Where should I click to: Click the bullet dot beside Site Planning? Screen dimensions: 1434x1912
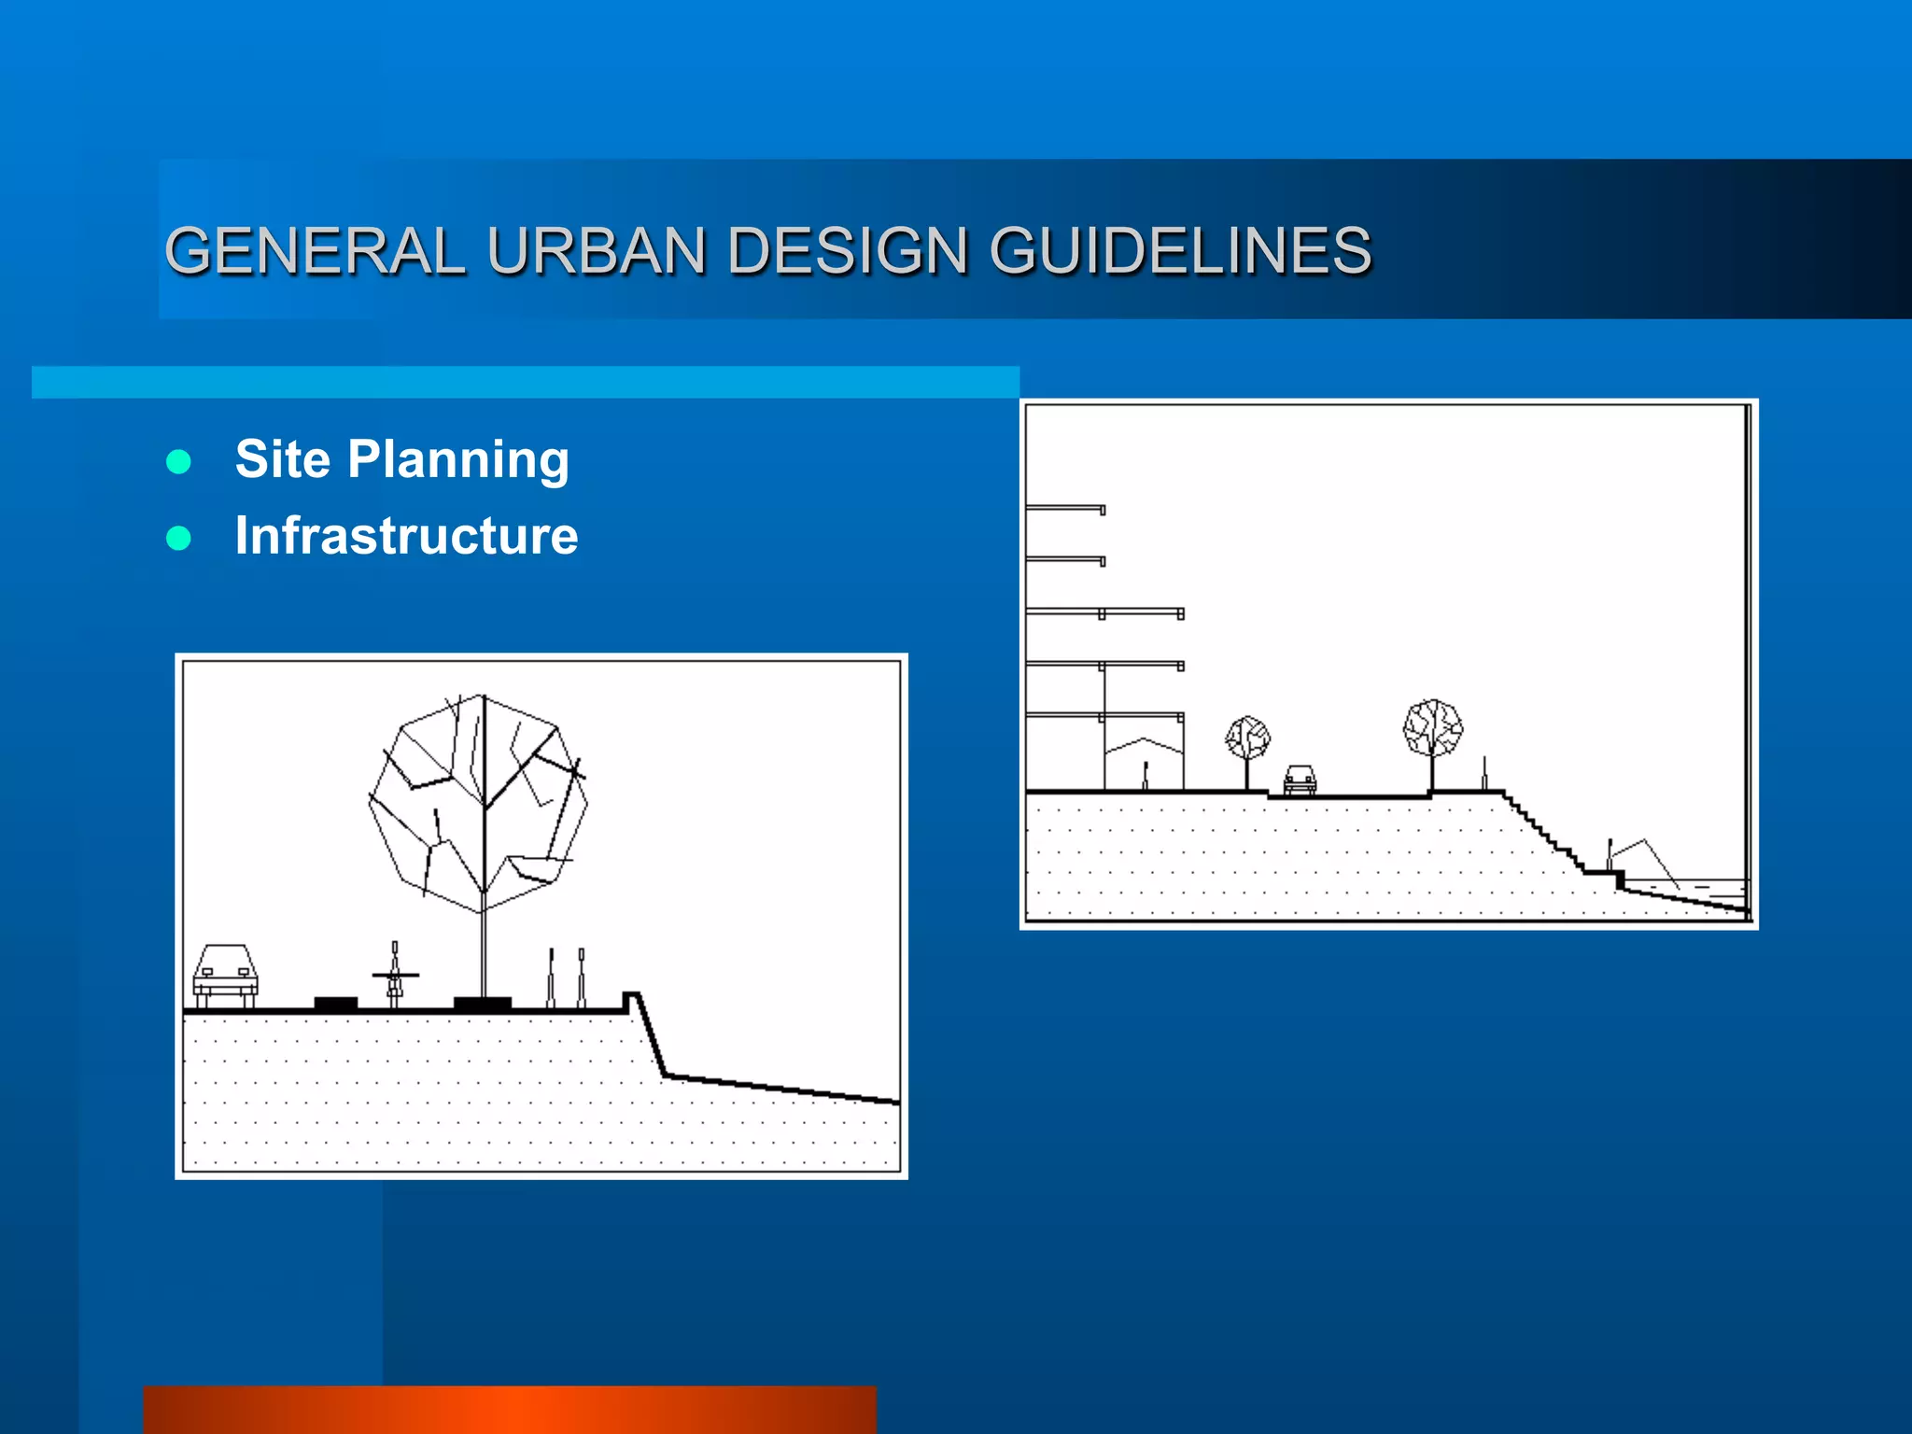click(x=178, y=461)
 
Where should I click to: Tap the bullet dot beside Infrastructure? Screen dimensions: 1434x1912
click(x=178, y=538)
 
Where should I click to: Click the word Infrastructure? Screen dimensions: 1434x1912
click(x=406, y=536)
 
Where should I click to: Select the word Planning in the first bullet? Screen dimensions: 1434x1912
click(x=457, y=459)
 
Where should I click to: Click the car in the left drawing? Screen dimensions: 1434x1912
click(x=225, y=974)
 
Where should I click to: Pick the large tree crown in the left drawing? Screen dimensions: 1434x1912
click(x=478, y=803)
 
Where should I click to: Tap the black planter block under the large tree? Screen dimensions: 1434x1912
click(x=482, y=1004)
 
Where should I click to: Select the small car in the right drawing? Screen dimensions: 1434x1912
click(x=1300, y=779)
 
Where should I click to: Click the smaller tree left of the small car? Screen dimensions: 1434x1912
click(x=1247, y=738)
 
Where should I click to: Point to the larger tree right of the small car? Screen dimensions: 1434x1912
click(x=1433, y=728)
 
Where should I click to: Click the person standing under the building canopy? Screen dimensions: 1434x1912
click(x=1146, y=775)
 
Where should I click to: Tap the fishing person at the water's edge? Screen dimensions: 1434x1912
click(x=1610, y=853)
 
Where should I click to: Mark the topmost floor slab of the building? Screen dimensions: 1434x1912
click(x=1065, y=509)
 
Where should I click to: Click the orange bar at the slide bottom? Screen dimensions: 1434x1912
click(x=510, y=1410)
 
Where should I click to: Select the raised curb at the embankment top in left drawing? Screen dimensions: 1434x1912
click(x=631, y=1000)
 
